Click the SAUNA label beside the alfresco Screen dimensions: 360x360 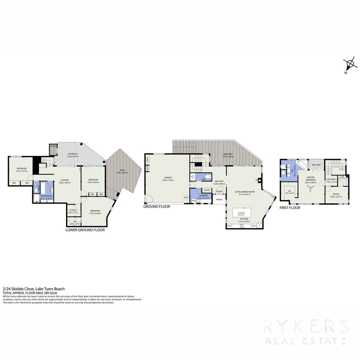(x=53, y=146)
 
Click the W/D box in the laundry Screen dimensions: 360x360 (x=194, y=201)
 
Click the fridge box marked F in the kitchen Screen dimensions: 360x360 (x=260, y=226)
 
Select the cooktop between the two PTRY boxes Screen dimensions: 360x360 (x=242, y=226)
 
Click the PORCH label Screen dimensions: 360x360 (x=219, y=200)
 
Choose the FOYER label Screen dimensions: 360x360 (x=219, y=192)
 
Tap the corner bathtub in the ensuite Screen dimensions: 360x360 (x=303, y=166)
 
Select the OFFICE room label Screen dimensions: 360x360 (x=336, y=194)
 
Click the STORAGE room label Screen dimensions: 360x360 (x=73, y=210)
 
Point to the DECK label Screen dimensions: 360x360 (x=122, y=170)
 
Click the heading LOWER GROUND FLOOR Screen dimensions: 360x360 (x=85, y=230)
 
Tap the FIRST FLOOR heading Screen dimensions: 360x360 (x=290, y=208)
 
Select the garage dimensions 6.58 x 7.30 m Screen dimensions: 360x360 (x=168, y=180)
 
